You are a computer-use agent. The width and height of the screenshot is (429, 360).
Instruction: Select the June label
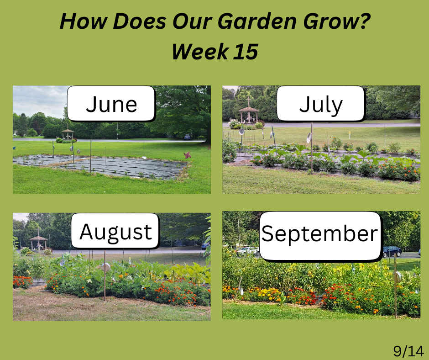(111, 104)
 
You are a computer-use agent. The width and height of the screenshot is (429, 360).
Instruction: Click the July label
(321, 104)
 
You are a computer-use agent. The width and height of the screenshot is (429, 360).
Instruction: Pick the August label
(115, 231)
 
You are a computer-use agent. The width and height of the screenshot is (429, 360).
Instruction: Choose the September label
(320, 235)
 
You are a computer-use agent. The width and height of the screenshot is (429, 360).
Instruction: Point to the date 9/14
(408, 351)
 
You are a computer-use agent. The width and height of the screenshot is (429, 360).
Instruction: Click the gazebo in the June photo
(68, 134)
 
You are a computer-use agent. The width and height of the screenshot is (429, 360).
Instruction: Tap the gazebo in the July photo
(248, 115)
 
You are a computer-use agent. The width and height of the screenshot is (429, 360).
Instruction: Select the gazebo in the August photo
(38, 242)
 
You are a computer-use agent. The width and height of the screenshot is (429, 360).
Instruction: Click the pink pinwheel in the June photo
(188, 155)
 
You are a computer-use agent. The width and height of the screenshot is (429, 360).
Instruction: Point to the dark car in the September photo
(392, 251)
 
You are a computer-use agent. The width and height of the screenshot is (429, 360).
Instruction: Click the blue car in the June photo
(188, 137)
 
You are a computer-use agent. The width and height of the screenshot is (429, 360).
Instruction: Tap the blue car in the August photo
(205, 245)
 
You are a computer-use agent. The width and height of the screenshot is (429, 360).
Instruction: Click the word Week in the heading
(200, 52)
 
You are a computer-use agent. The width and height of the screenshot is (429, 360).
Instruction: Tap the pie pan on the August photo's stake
(105, 267)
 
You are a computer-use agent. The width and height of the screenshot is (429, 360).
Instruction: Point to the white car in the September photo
(248, 250)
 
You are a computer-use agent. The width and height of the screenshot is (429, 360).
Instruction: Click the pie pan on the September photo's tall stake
(397, 277)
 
